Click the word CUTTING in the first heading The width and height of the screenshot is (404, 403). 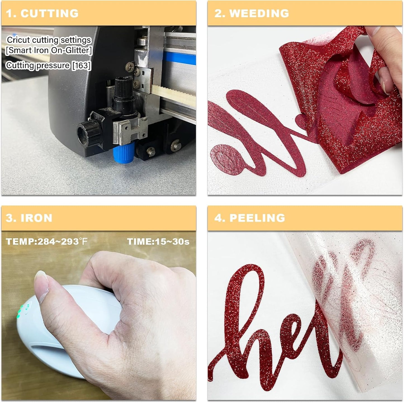click(x=49, y=13)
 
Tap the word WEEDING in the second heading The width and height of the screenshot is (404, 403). click(x=259, y=13)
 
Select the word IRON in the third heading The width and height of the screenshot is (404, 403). click(x=37, y=218)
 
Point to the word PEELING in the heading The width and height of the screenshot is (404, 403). click(x=257, y=218)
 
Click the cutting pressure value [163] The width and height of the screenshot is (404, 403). click(x=82, y=65)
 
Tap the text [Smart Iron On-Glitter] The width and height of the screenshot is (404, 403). click(x=49, y=50)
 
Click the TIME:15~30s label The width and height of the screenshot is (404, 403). click(x=158, y=241)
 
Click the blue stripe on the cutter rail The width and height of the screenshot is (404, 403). click(x=179, y=58)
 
